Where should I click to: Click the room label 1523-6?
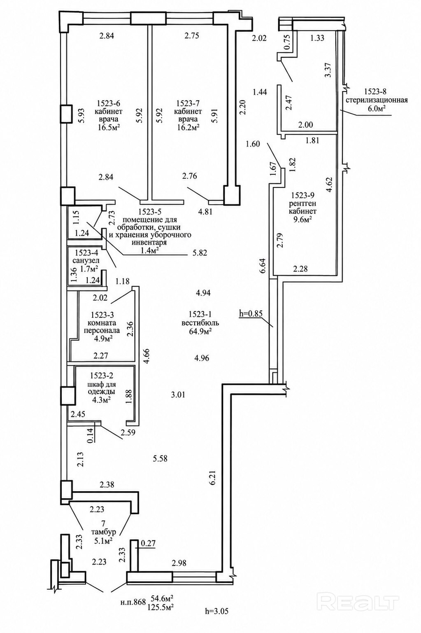click(109, 103)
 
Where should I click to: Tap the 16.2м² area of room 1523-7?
click(188, 128)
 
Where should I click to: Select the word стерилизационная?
click(377, 100)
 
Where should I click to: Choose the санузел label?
click(86, 261)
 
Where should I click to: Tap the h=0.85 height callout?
click(251, 313)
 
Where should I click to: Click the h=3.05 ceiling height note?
click(216, 611)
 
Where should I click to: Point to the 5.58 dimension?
click(160, 458)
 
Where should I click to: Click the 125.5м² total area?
click(160, 607)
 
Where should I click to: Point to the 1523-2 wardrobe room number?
click(101, 376)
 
